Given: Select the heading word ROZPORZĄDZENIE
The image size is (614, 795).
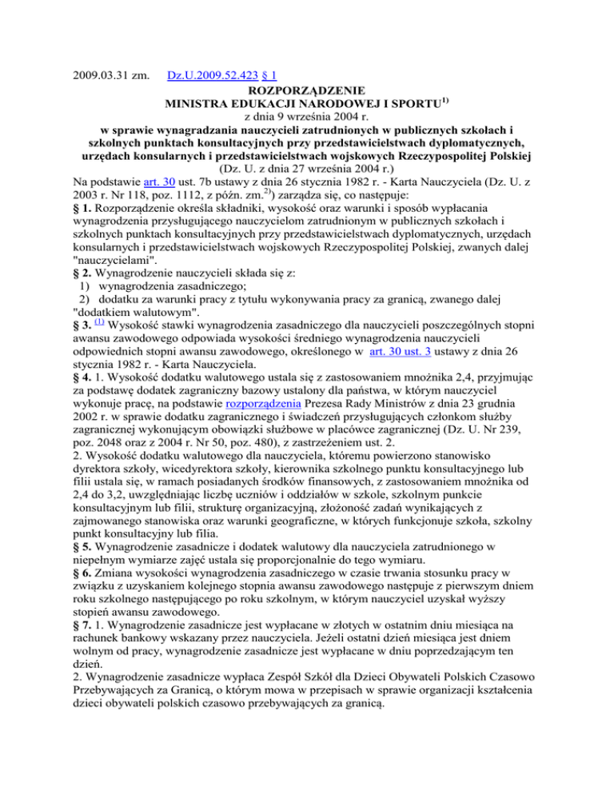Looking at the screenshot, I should pyautogui.click(x=307, y=89).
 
